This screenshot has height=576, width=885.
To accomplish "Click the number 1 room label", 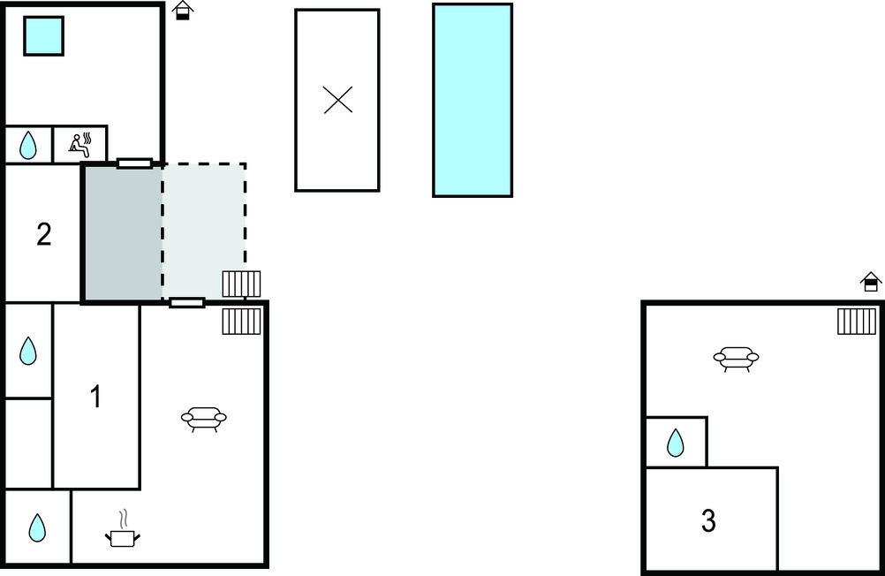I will coord(96,398).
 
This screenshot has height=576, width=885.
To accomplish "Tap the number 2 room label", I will coord(43,235).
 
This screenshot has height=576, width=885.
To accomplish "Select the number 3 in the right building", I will coord(708,521).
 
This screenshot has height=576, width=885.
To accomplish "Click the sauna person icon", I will coord(81,144).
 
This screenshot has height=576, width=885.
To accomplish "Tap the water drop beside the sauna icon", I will coord(28,145).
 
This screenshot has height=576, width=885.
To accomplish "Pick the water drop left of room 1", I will coord(28,351).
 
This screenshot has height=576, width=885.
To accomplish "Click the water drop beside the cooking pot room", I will coord(37,527).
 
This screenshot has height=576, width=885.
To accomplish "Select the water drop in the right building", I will coord(676,442).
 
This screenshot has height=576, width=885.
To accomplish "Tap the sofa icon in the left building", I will coord(203,418).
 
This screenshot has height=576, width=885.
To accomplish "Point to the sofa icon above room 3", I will coord(736,358).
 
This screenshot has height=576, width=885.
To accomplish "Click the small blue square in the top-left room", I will coord(42,35).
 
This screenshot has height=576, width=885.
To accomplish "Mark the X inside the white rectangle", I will coord(337,100).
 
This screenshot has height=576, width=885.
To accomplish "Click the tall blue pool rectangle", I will coord(473,100).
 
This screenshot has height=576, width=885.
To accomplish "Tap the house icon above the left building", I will coord(182,10).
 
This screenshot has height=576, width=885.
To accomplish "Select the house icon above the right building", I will coord(871,281).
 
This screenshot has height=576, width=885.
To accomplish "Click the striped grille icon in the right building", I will coord(857,321).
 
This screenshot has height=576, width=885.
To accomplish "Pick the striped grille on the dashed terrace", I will coord(241,284).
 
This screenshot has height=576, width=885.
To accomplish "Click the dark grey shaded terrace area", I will coord(123,233).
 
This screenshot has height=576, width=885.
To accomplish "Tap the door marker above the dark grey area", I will coord(134,163).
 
